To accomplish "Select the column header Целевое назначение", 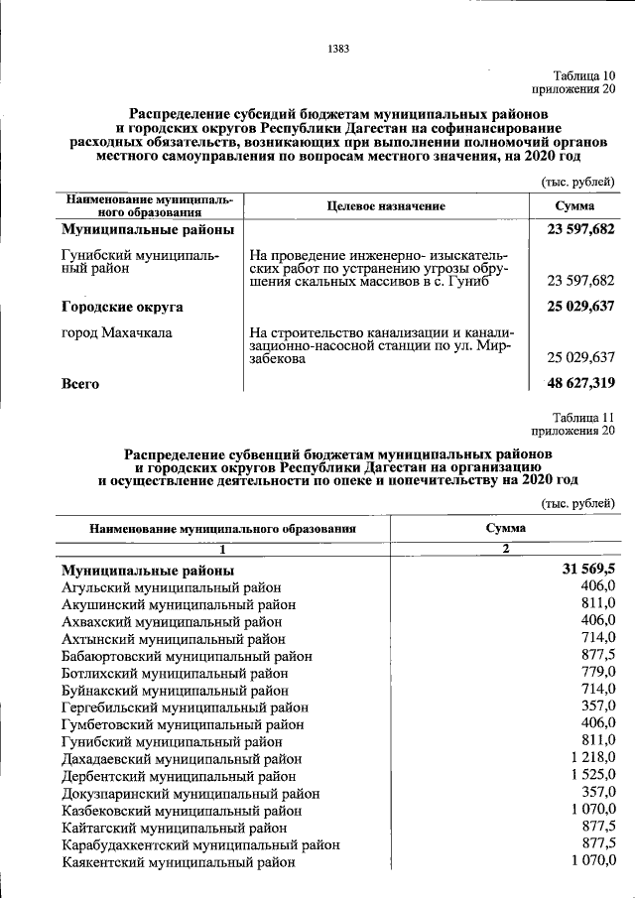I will (x=386, y=205).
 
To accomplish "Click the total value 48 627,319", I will (x=580, y=382).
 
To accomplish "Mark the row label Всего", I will (x=80, y=382).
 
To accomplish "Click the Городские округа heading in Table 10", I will (x=122, y=307).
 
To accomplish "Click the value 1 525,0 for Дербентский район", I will (x=593, y=775).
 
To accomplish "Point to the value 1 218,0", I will (x=593, y=758).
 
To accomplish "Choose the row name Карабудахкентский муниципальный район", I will (x=200, y=844).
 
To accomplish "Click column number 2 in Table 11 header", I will (x=505, y=550).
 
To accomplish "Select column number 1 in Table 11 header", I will (x=223, y=550).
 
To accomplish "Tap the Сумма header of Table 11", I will (x=505, y=529).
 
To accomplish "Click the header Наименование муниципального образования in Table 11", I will (x=222, y=529).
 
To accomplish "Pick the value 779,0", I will (x=598, y=673).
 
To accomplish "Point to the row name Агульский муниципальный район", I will (x=171, y=587).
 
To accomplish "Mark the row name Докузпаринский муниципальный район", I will (x=190, y=793).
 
